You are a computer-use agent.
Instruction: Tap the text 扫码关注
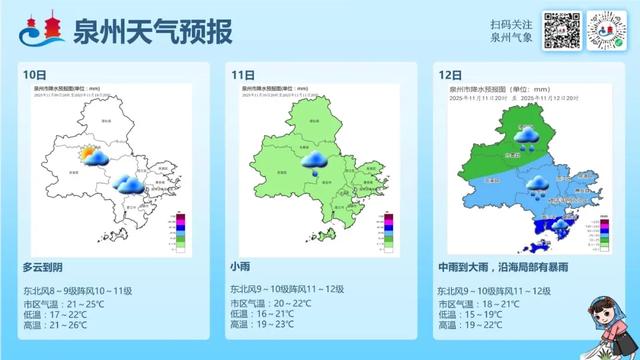click(511, 24)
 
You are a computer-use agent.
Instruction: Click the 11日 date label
click(241, 75)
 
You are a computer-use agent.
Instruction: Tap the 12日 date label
click(450, 75)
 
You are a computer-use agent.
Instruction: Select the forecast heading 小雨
click(241, 267)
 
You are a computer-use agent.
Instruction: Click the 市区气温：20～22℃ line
click(271, 302)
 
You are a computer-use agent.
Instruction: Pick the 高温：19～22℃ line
click(470, 325)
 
